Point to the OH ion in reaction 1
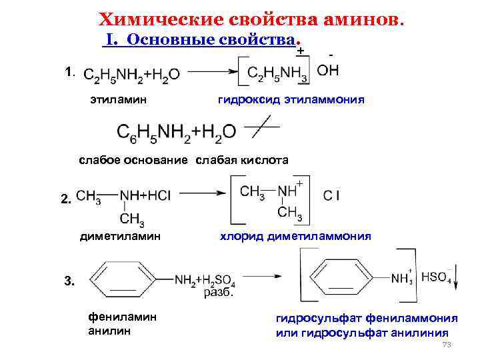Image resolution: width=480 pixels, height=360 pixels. tap(327, 71)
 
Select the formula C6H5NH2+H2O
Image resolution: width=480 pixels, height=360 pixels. tap(176, 131)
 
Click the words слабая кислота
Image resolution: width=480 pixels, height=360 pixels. tap(241, 160)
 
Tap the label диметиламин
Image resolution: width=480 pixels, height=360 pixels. tap(120, 236)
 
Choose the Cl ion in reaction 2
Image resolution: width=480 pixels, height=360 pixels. tap(332, 195)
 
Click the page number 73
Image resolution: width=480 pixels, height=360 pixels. tap(447, 345)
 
